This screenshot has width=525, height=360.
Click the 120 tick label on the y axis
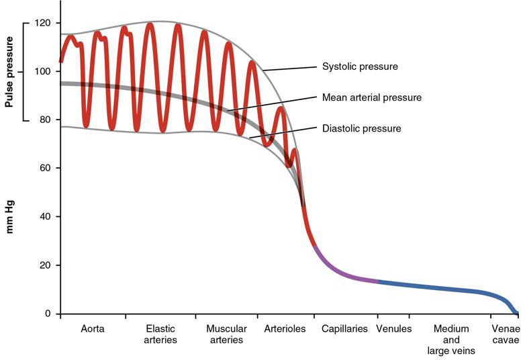pyautogui.click(x=43, y=23)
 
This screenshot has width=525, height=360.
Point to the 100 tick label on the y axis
pyautogui.click(x=43, y=71)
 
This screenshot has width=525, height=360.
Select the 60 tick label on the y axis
pyautogui.click(x=45, y=168)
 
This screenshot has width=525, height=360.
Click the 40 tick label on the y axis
pyautogui.click(x=45, y=216)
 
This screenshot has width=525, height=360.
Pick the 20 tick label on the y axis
pyautogui.click(x=45, y=265)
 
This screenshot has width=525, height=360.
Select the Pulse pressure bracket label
pyautogui.click(x=9, y=73)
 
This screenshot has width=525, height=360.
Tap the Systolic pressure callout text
pyautogui.click(x=361, y=66)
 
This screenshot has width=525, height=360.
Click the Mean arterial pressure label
pyautogui.click(x=372, y=97)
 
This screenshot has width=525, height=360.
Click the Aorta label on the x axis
pyautogui.click(x=93, y=329)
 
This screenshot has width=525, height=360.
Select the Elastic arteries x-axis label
pyautogui.click(x=161, y=334)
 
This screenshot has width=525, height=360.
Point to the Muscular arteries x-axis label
pyautogui.click(x=226, y=334)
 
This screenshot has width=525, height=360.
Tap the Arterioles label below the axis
pyautogui.click(x=285, y=329)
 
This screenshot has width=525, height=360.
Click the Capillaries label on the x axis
pyautogui.click(x=345, y=329)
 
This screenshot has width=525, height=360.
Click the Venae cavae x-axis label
pyautogui.click(x=506, y=334)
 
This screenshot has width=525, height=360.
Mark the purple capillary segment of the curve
pyautogui.click(x=342, y=273)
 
